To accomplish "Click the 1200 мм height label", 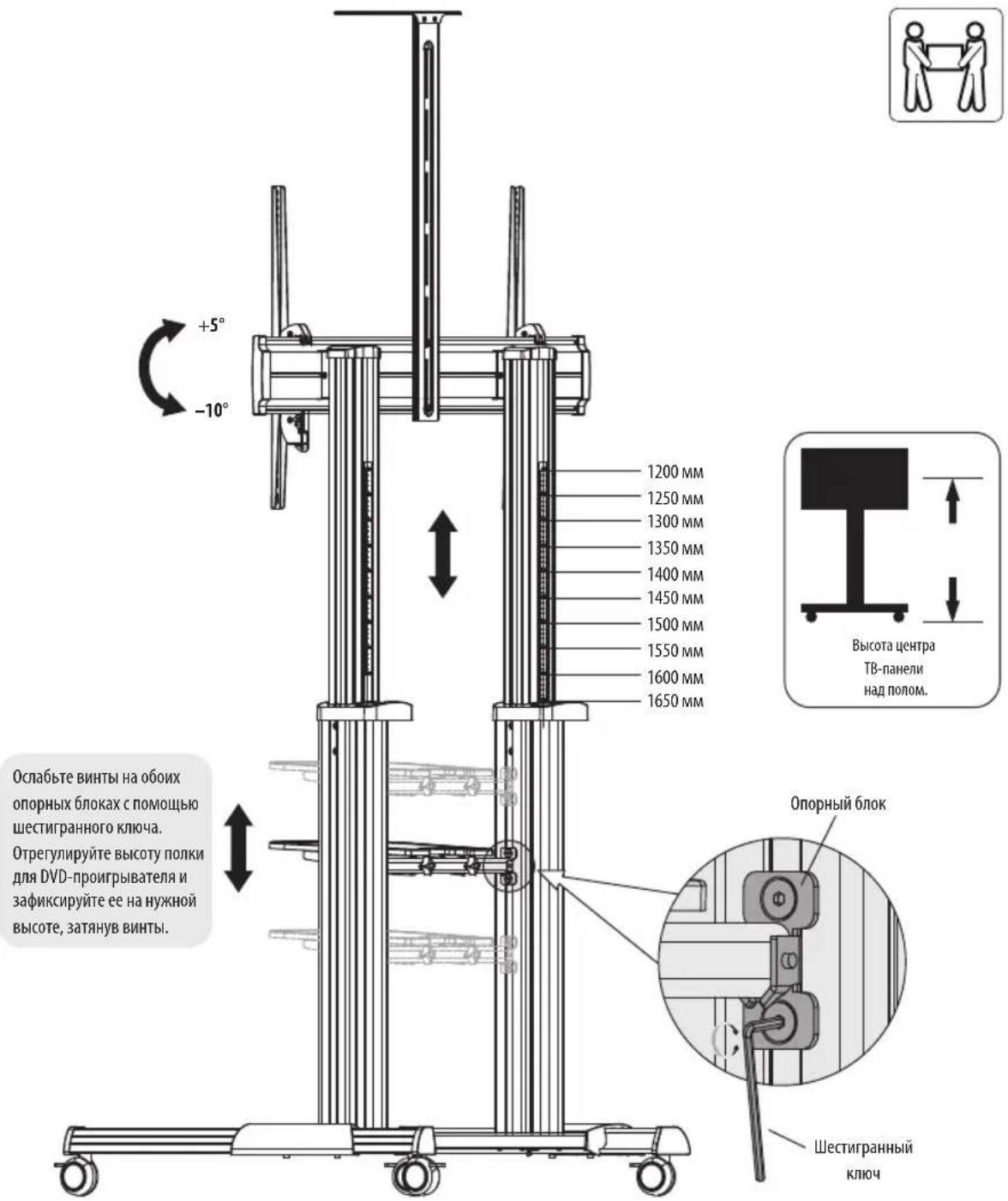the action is tap(675, 471).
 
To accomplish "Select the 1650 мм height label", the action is tap(675, 701).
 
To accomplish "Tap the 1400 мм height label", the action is tap(675, 574).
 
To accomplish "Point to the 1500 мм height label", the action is tap(675, 624).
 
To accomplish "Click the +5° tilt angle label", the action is tap(211, 326).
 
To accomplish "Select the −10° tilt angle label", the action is tap(211, 410).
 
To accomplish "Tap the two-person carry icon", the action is tap(945, 65).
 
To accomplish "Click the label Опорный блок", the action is tap(837, 803).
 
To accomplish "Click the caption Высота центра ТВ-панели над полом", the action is tap(893, 668).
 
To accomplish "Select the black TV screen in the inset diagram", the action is tap(855, 479).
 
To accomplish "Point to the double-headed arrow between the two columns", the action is tap(443, 553).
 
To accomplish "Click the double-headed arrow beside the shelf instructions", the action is tap(238, 848).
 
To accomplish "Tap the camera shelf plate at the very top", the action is tap(398, 13).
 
